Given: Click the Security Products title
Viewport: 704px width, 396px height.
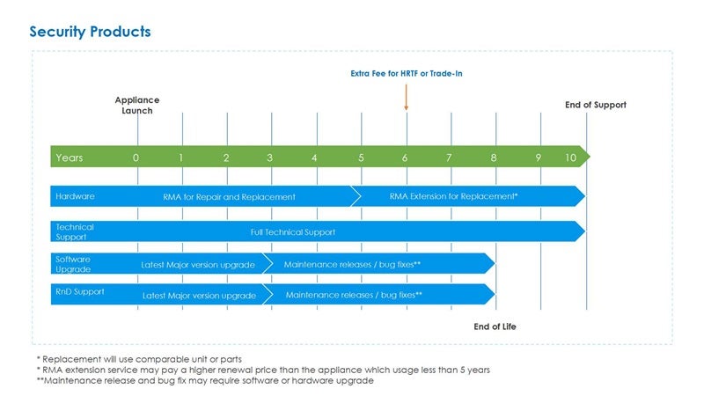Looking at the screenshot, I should click(90, 32).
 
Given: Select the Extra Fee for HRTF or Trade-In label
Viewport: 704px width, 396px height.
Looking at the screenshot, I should click(406, 74).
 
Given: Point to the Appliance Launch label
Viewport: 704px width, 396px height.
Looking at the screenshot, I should click(136, 106).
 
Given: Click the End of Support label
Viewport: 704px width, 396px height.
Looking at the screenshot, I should click(595, 105).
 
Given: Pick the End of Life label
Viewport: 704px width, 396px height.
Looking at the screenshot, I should click(495, 326).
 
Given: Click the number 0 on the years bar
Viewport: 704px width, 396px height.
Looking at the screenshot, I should click(136, 158).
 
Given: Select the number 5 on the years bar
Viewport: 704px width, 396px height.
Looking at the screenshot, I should click(361, 158).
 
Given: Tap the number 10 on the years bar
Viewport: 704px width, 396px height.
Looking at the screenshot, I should click(570, 158).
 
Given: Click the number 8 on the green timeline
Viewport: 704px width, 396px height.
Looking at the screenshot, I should click(495, 158).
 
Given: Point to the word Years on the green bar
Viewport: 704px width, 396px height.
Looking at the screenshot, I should click(70, 158).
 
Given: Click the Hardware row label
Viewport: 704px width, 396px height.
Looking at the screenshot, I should click(75, 196).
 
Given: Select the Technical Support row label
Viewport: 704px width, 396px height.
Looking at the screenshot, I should click(75, 231).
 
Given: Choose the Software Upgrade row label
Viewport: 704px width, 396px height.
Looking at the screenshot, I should click(73, 264).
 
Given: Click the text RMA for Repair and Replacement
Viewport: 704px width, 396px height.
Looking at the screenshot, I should click(229, 196).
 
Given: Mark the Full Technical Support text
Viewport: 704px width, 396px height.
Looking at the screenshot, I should click(293, 232).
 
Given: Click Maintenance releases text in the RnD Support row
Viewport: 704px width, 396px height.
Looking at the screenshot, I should click(354, 295).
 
